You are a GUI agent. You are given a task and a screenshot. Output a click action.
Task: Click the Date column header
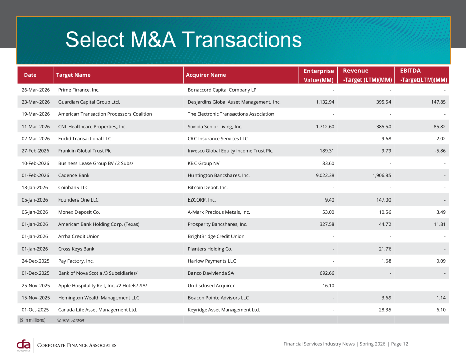coord(30,75)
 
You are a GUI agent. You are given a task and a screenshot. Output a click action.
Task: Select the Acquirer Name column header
coord(206,75)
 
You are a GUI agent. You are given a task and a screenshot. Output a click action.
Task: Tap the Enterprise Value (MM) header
coord(319,75)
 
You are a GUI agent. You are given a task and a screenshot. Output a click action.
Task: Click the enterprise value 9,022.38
coord(325,175)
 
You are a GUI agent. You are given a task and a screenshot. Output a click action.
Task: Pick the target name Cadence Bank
coord(74,175)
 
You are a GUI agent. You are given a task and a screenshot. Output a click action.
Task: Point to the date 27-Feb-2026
coord(35,151)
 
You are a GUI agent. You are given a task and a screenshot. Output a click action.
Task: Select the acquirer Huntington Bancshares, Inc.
coord(219,175)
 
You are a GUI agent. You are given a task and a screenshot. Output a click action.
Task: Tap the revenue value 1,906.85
coord(381,175)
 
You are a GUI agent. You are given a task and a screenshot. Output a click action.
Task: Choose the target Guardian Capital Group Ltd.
coord(89,102)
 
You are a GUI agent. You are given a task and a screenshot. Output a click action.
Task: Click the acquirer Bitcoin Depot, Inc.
coord(208,187)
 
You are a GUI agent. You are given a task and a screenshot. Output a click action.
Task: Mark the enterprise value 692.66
coord(327,273)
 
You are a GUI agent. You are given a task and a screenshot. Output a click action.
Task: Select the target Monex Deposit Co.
coord(79,212)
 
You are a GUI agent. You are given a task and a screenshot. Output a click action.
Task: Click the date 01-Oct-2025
coord(35,310)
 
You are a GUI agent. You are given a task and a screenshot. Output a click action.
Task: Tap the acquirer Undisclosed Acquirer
coord(211,286)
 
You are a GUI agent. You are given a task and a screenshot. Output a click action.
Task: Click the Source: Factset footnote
coord(70,320)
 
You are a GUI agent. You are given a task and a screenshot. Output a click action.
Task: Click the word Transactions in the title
coord(242,39)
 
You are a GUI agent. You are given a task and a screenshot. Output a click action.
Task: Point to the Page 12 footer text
coord(400,344)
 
